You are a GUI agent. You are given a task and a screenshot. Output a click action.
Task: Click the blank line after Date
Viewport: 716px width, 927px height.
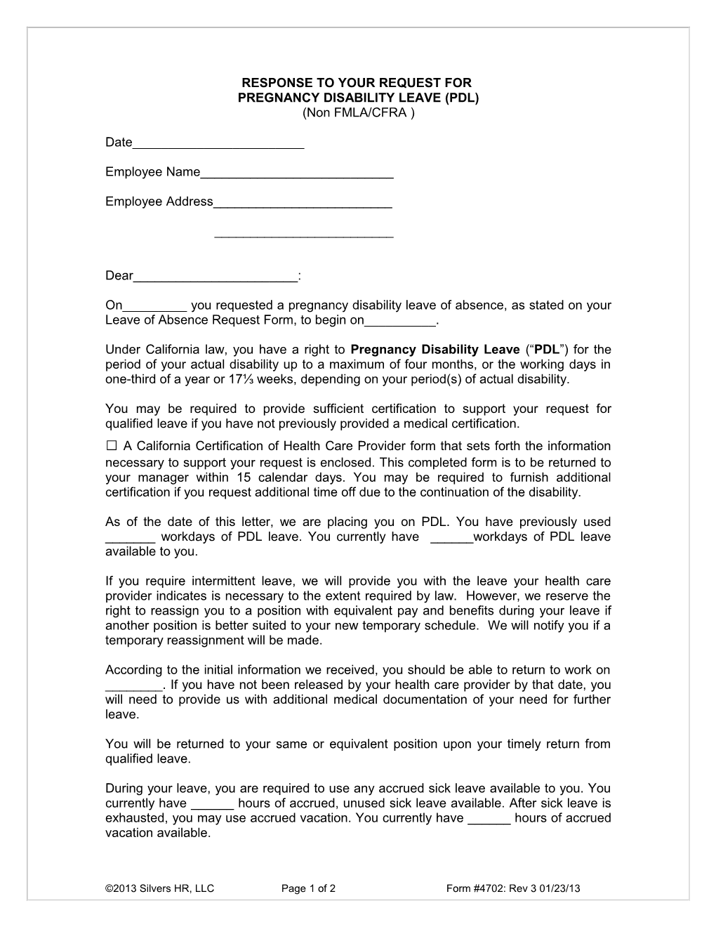pyautogui.click(x=218, y=144)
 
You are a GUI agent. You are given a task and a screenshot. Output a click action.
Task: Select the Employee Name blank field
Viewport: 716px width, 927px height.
pyautogui.click(x=296, y=173)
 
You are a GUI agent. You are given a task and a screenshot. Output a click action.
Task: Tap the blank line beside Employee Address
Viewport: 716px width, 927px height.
pyautogui.click(x=302, y=203)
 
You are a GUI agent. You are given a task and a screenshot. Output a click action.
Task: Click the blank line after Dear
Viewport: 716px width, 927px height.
pyautogui.click(x=216, y=277)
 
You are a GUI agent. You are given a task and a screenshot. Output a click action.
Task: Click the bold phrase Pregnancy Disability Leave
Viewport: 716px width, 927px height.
pyautogui.click(x=435, y=349)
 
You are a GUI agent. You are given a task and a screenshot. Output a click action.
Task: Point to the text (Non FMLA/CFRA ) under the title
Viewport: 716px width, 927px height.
pyautogui.click(x=358, y=112)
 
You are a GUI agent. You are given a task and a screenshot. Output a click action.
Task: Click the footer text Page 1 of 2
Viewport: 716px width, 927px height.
pyautogui.click(x=308, y=888)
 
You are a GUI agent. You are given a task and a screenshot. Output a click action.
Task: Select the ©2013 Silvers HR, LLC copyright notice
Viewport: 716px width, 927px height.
pyautogui.click(x=159, y=888)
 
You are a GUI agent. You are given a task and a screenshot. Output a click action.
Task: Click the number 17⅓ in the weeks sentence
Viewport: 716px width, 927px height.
pyautogui.click(x=235, y=379)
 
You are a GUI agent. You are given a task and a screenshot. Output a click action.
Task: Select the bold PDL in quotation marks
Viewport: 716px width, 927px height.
pyautogui.click(x=546, y=349)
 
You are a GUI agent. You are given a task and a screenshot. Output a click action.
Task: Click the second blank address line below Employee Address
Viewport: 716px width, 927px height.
pyautogui.click(x=303, y=235)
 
